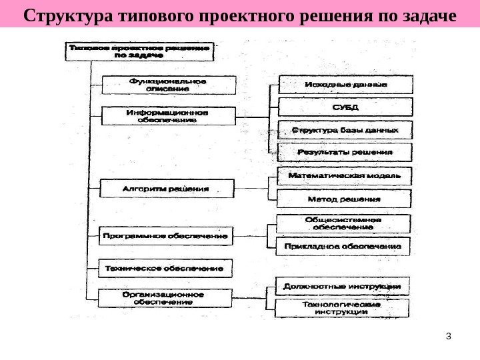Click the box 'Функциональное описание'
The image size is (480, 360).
click(168, 85)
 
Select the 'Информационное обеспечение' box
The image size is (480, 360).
click(167, 116)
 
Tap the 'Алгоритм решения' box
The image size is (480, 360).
click(167, 189)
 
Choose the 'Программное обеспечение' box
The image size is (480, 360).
click(166, 236)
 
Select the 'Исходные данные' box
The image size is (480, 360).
click(345, 85)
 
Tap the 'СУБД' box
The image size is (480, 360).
click(345, 107)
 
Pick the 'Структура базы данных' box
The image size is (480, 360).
click(345, 129)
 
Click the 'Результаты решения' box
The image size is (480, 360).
click(345, 152)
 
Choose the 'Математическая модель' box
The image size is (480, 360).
click(345, 176)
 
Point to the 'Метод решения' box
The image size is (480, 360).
click(345, 199)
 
